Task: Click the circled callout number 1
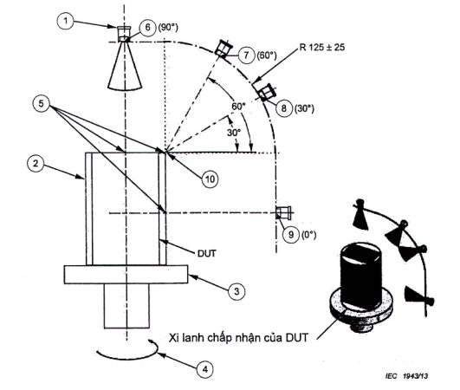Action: [x=66, y=21]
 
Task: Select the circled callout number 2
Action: [x=36, y=163]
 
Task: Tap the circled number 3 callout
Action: [x=236, y=291]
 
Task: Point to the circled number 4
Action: [x=205, y=369]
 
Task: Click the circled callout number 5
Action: [x=41, y=103]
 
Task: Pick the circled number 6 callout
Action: [x=147, y=28]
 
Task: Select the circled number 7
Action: [x=246, y=55]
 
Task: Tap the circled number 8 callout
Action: [x=284, y=108]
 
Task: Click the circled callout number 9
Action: [x=291, y=234]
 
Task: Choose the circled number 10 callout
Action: [x=210, y=179]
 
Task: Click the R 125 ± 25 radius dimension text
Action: [x=322, y=48]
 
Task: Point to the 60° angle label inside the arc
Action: [x=238, y=106]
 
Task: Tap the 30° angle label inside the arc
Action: [x=234, y=133]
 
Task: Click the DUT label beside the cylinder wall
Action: [x=207, y=253]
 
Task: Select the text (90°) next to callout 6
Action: [x=168, y=27]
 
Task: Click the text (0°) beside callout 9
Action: [x=309, y=235]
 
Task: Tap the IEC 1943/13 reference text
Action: [x=406, y=376]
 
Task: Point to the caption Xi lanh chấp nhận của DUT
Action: [x=238, y=338]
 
